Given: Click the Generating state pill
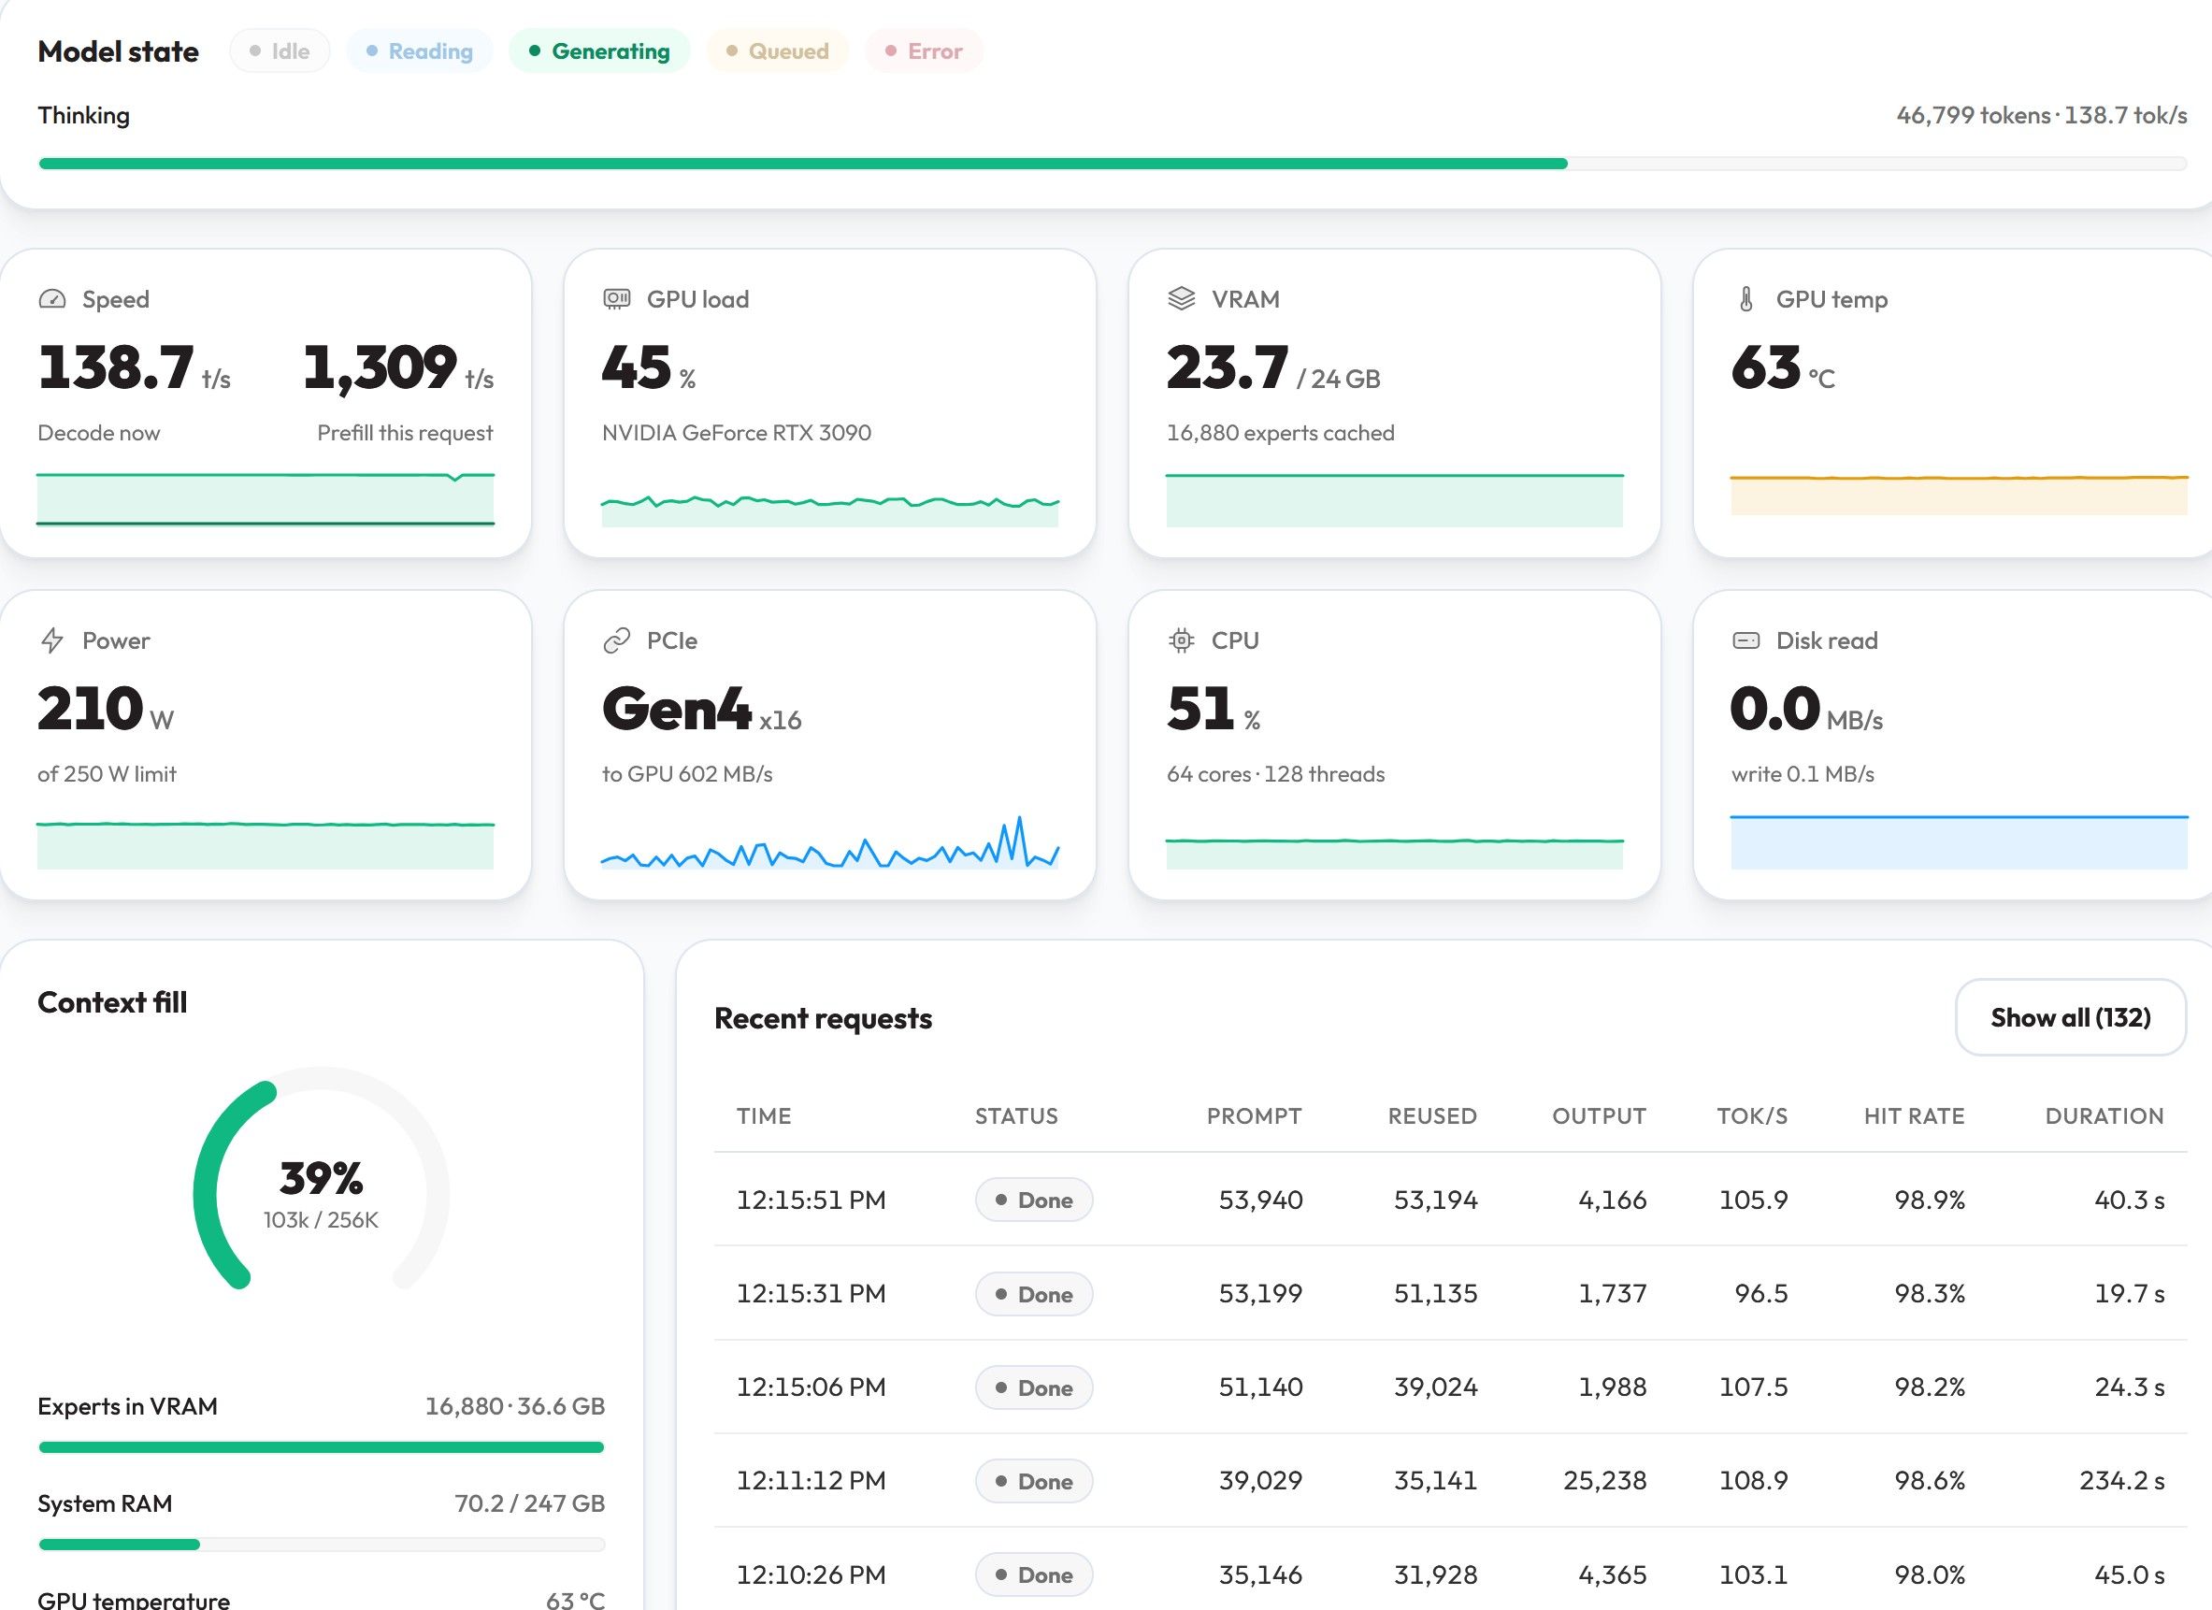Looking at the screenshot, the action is (599, 50).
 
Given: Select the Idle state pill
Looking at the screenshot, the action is (280, 50).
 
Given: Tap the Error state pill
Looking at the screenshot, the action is (924, 50).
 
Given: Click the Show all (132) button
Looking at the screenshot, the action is (2071, 1017).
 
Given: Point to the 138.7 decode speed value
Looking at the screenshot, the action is (116, 367).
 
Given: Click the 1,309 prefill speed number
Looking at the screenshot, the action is (380, 368).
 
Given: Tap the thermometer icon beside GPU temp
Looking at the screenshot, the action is (1745, 299).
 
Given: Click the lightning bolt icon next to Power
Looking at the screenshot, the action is (51, 640).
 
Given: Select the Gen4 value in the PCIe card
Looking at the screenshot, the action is (676, 709).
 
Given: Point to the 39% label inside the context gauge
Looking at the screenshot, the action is (321, 1178).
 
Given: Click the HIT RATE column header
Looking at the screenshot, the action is (1914, 1115).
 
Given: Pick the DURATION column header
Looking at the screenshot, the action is (2104, 1115).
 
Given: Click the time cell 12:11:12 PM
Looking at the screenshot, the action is (811, 1480).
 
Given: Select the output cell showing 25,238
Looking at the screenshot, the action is (1604, 1480).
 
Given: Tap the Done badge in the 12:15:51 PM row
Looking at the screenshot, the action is (1034, 1200).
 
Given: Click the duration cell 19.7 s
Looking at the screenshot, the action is (2129, 1293).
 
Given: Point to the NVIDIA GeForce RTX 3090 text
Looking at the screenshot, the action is (737, 432).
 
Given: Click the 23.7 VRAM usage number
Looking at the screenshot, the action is (1227, 367).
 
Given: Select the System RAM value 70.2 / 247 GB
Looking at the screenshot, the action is (529, 1502).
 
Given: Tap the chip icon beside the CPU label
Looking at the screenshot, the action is (1181, 640).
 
